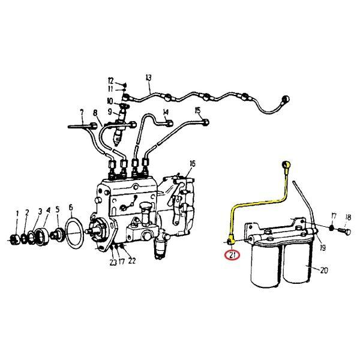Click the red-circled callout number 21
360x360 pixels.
click(232, 255)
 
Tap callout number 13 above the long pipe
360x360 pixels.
click(149, 77)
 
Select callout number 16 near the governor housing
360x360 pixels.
click(193, 164)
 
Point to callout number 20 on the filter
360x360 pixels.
click(324, 271)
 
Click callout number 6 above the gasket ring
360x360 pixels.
click(70, 208)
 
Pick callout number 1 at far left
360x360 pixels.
click(17, 214)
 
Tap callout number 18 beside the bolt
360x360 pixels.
click(348, 217)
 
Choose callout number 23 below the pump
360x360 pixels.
click(113, 262)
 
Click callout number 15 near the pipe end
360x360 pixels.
click(197, 110)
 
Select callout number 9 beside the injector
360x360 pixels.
click(110, 112)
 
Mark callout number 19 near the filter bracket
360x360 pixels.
click(323, 248)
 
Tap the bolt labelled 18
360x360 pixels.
click(345, 231)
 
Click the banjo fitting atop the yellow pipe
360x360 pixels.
click(286, 165)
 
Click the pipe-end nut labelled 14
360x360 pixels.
click(169, 123)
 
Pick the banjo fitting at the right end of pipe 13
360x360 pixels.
click(286, 100)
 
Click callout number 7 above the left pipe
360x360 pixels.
click(82, 113)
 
